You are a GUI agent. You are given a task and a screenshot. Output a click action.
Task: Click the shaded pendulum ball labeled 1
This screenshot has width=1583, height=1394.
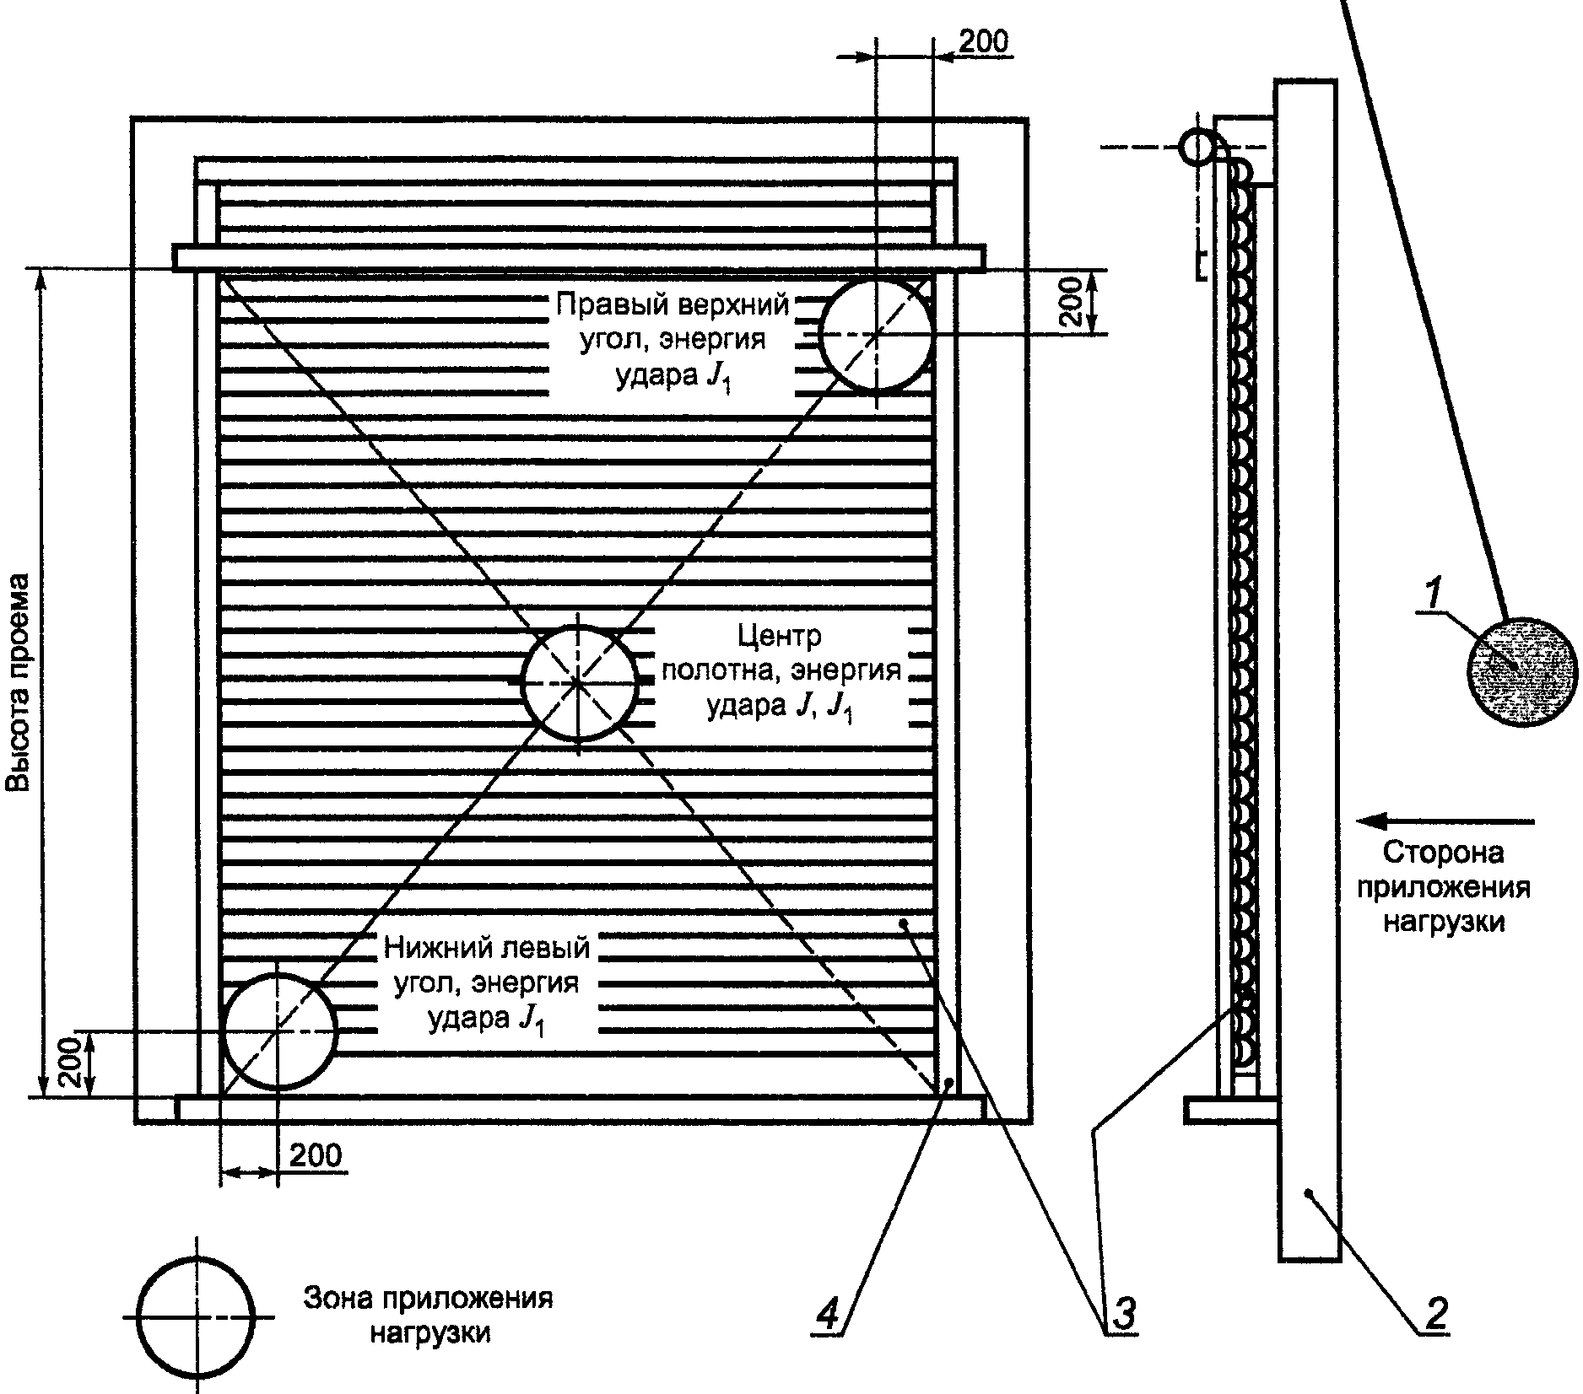1522,670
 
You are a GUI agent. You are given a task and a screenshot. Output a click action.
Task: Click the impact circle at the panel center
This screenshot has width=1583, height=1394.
579,683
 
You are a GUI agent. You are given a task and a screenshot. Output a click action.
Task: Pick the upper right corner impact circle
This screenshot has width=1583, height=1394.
877,335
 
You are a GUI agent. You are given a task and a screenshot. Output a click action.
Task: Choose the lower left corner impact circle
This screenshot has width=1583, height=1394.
278,1031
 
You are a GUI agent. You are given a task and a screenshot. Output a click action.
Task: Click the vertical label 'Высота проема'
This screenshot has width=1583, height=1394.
19,683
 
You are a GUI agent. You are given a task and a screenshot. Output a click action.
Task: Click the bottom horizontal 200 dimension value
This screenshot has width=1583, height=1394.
316,1154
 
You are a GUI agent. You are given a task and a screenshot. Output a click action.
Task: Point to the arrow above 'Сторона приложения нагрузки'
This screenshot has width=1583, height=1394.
1444,820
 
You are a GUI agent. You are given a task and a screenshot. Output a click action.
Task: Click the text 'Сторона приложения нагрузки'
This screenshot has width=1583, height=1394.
1444,887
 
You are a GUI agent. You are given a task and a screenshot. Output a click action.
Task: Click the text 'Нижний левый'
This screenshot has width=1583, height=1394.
487,948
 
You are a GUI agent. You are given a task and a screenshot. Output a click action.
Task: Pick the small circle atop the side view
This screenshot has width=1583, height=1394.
1195,148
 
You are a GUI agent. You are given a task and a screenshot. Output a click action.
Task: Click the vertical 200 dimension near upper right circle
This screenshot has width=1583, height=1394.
1071,302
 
